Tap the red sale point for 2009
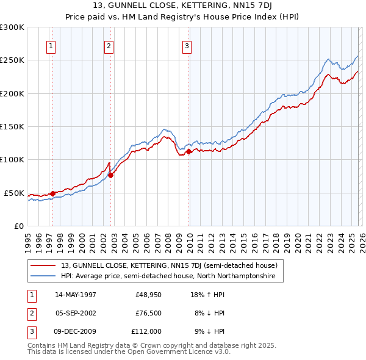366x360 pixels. (x=188, y=152)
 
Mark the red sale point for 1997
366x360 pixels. (x=53, y=193)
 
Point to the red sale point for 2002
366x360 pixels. (x=110, y=175)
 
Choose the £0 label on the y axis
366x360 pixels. (x=18, y=226)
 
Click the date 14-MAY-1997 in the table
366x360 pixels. (x=76, y=295)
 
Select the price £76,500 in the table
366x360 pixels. (x=148, y=313)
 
